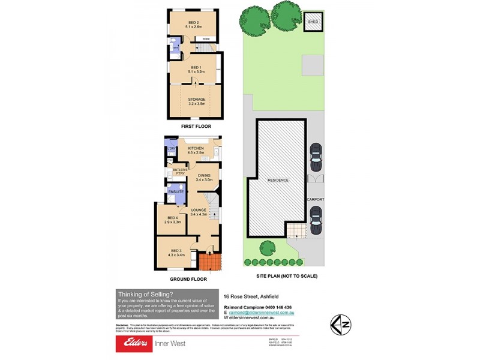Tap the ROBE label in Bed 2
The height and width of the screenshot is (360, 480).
[206, 39]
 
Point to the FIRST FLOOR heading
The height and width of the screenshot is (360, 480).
[196, 127]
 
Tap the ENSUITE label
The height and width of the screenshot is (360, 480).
[176, 191]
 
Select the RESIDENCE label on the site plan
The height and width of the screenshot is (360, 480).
[278, 180]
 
